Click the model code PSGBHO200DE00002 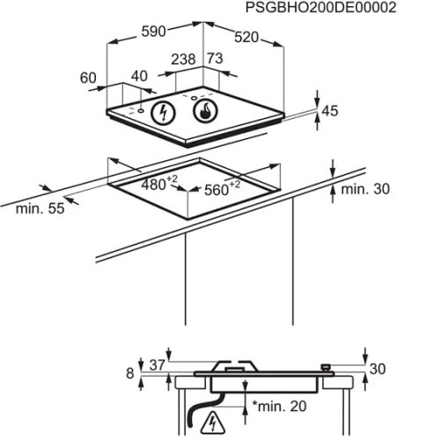tap(320, 7)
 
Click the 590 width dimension tap(154, 32)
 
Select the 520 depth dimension tap(246, 38)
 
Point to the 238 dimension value tap(183, 59)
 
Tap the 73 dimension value tap(216, 58)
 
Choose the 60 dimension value tap(88, 77)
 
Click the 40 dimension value tap(139, 76)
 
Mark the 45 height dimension tap(330, 111)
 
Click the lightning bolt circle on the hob tap(163, 113)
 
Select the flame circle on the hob tap(206, 111)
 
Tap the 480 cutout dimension tap(159, 184)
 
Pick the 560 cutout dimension tap(223, 189)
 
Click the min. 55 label tap(40, 209)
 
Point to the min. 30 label tap(365, 189)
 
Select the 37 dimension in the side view tap(158, 365)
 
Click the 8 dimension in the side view tap(130, 373)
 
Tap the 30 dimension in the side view tap(378, 369)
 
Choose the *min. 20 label tap(279, 407)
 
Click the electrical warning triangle tap(213, 424)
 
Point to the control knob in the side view tap(326, 367)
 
